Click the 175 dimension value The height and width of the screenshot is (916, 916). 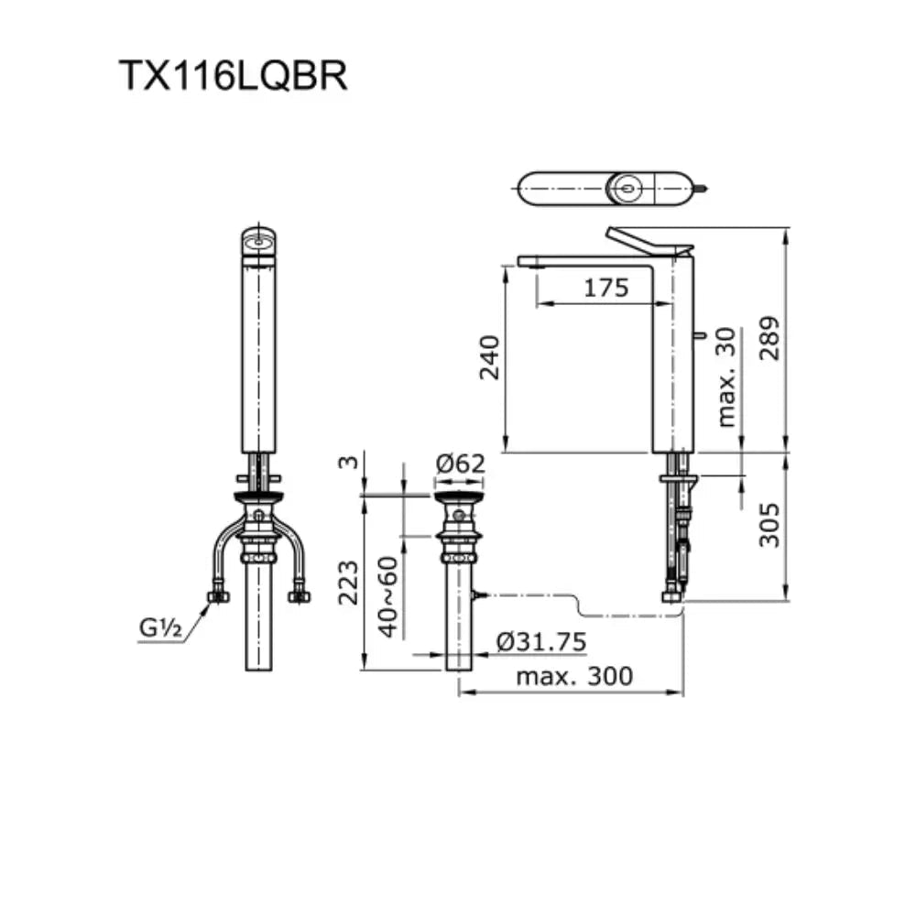click(x=606, y=288)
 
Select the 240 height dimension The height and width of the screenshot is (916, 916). click(x=490, y=359)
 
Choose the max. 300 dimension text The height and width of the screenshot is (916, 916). click(x=574, y=677)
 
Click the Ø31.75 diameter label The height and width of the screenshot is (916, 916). click(x=541, y=642)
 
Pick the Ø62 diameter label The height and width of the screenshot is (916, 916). click(x=460, y=464)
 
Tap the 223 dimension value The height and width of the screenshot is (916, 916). click(x=349, y=583)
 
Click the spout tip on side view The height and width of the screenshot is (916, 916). click(x=529, y=262)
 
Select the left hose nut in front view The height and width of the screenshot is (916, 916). click(x=218, y=596)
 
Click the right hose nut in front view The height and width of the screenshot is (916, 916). click(x=300, y=596)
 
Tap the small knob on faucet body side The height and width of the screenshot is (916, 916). click(x=703, y=337)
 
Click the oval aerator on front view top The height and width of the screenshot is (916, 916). click(x=259, y=243)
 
